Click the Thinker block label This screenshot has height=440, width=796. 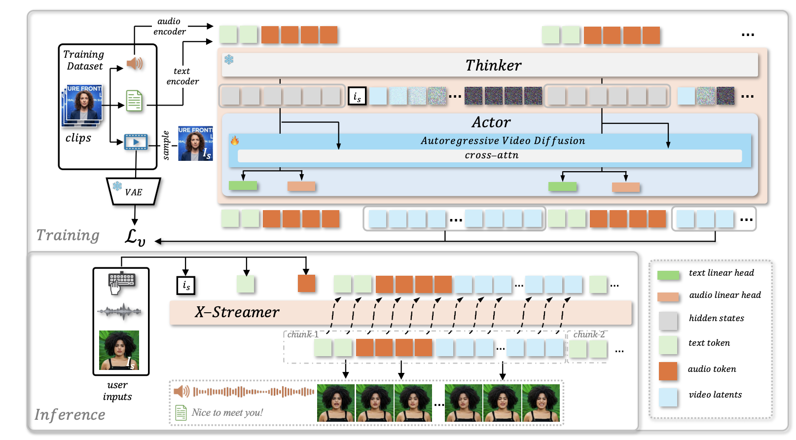pos(493,66)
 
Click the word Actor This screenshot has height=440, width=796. pos(491,122)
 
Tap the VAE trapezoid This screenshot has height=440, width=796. pos(134,191)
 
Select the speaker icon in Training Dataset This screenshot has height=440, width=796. pos(135,64)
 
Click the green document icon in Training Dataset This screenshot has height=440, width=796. pos(134,101)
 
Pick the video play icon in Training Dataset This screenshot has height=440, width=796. pos(136,142)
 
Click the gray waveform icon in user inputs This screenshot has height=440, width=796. pos(119,312)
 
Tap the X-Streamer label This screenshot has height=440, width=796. pos(237,312)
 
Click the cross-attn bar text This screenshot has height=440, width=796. pos(492,155)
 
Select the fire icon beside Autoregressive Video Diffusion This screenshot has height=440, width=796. pos(235,141)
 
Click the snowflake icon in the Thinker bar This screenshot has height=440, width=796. pos(229,59)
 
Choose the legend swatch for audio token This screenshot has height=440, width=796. pos(668,371)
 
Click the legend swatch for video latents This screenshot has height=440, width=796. pos(668,397)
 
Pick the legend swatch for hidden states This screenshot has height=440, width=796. pos(668,320)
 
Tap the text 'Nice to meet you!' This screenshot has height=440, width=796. pos(227,412)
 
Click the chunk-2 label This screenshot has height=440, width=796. pos(589,334)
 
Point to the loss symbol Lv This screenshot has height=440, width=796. pos(135,237)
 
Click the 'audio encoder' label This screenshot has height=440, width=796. pos(169,27)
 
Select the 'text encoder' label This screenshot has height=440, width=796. pos(182,76)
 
